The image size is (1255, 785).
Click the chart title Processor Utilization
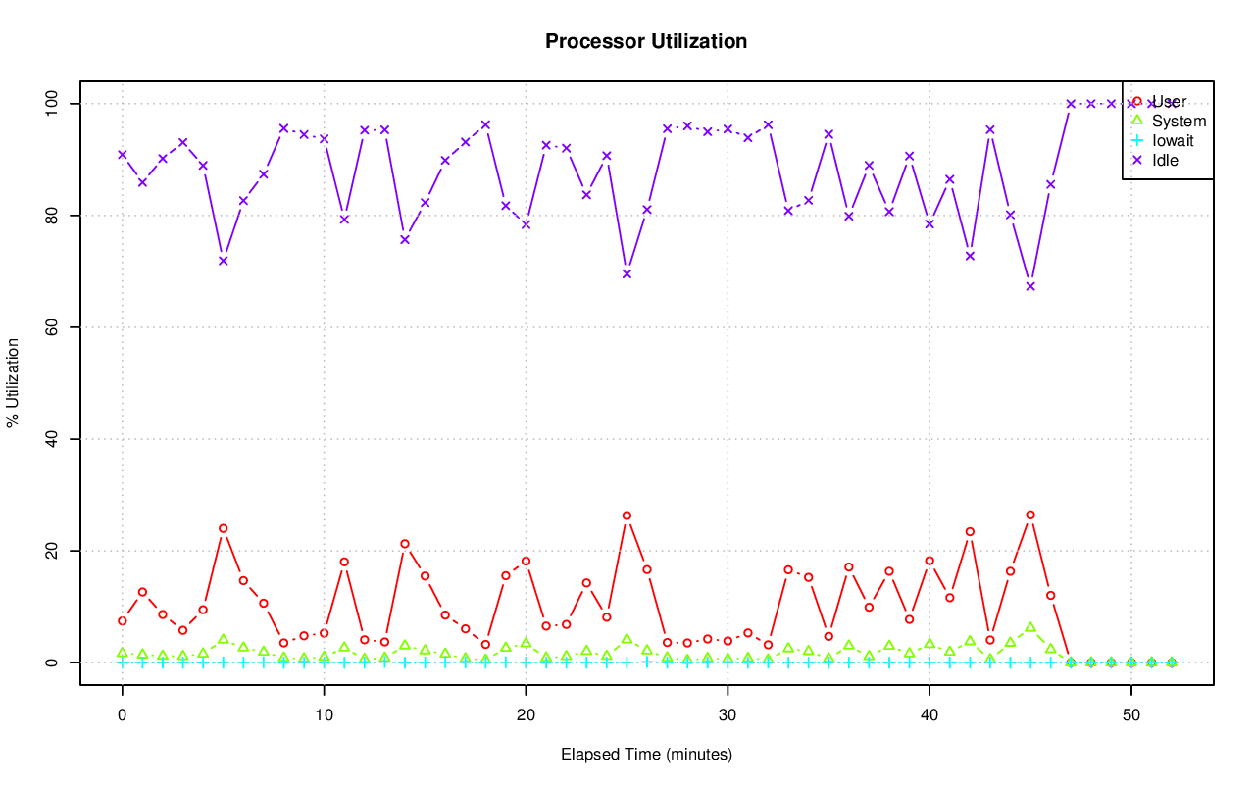pyautogui.click(x=646, y=41)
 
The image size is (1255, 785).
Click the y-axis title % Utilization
pyautogui.click(x=14, y=382)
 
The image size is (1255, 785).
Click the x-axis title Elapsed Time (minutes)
pyautogui.click(x=646, y=755)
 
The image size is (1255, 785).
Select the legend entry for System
pyautogui.click(x=1179, y=122)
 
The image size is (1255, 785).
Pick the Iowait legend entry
pyautogui.click(x=1173, y=140)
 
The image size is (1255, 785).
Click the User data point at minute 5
pyautogui.click(x=224, y=528)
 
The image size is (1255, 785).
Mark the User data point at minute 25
pyautogui.click(x=627, y=515)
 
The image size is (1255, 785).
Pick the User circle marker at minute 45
pyautogui.click(x=1030, y=515)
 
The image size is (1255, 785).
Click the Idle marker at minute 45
pyautogui.click(x=1030, y=286)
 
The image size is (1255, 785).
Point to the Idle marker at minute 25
pyautogui.click(x=627, y=273)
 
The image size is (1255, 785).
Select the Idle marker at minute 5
pyautogui.click(x=224, y=261)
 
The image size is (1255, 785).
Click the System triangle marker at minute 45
pyautogui.click(x=1030, y=627)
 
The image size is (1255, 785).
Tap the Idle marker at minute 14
pyautogui.click(x=405, y=239)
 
